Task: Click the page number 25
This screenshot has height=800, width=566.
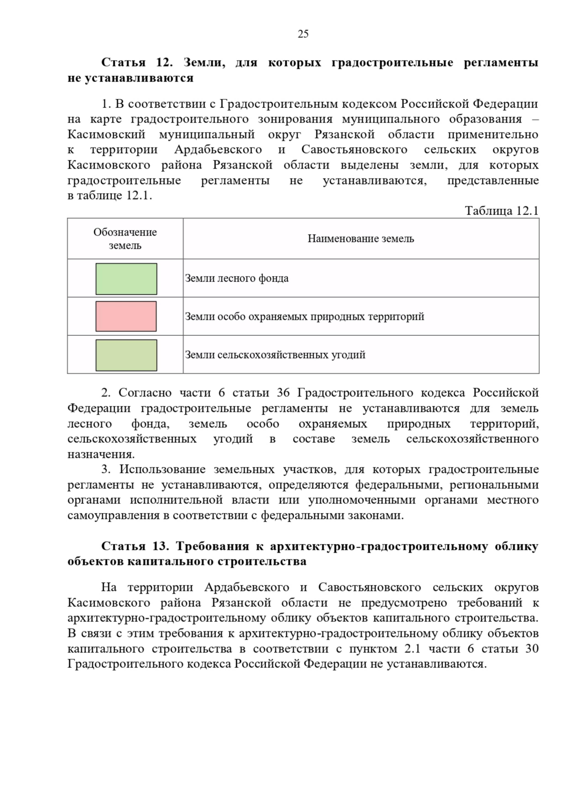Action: [x=303, y=34]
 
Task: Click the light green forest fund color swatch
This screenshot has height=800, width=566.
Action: [x=126, y=279]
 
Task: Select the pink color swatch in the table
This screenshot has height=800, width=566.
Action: [x=126, y=317]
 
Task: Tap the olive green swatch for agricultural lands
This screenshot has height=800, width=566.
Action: [x=126, y=355]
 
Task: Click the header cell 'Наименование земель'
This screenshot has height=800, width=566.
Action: [x=361, y=239]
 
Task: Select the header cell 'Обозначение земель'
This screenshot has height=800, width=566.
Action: [x=125, y=239]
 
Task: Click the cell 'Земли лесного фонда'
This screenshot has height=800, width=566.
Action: [x=237, y=278]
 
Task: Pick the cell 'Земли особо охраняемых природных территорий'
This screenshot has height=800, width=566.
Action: [x=304, y=317]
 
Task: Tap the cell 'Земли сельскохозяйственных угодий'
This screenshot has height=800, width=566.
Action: [x=275, y=355]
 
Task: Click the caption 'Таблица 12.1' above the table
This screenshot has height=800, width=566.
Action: [x=501, y=211]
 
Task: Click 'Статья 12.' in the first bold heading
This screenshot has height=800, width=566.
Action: [x=138, y=63]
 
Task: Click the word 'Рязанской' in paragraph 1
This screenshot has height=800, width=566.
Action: [x=344, y=135]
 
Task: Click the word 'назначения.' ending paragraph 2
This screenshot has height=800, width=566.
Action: [x=101, y=455]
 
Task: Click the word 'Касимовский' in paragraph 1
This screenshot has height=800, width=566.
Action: [x=106, y=135]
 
